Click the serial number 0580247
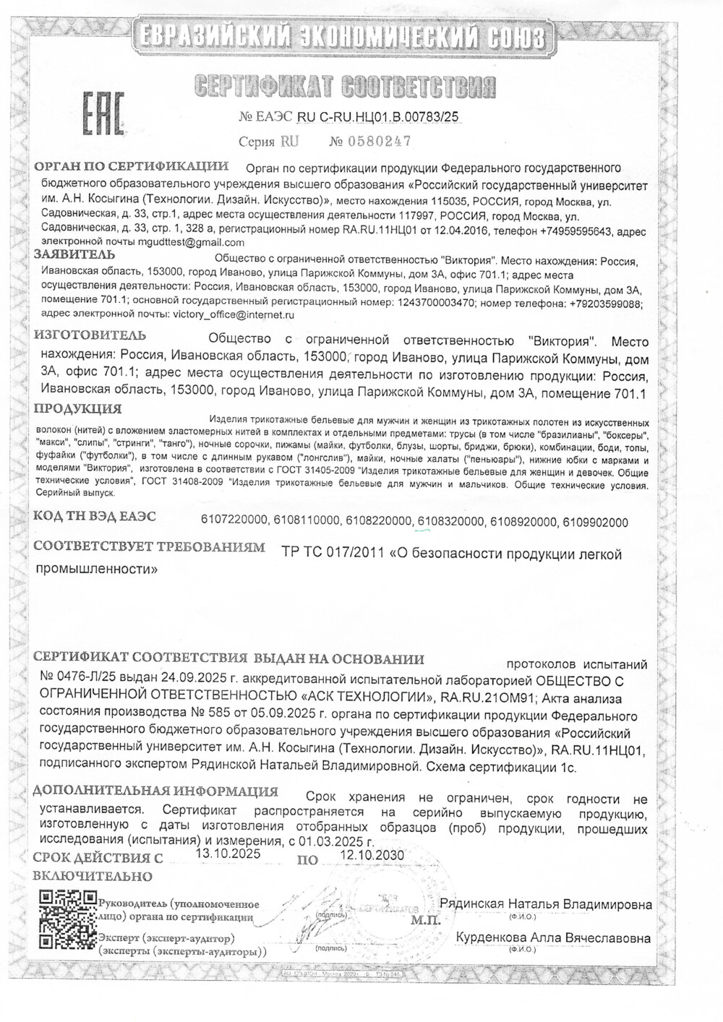380,140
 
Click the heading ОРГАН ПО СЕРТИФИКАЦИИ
132,167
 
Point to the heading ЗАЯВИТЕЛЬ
74,254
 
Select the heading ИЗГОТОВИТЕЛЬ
90,335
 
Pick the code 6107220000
234,522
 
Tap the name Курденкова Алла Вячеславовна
554,938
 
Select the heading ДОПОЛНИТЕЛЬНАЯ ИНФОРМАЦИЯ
155,791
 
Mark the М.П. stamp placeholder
422,921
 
